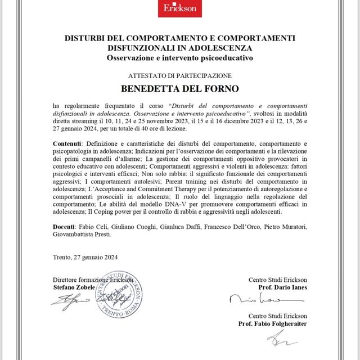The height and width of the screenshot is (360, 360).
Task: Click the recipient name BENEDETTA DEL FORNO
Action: click(x=179, y=89)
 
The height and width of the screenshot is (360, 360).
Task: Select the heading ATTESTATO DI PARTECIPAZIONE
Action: click(x=179, y=75)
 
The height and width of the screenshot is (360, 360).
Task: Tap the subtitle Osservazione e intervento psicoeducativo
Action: click(x=179, y=58)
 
